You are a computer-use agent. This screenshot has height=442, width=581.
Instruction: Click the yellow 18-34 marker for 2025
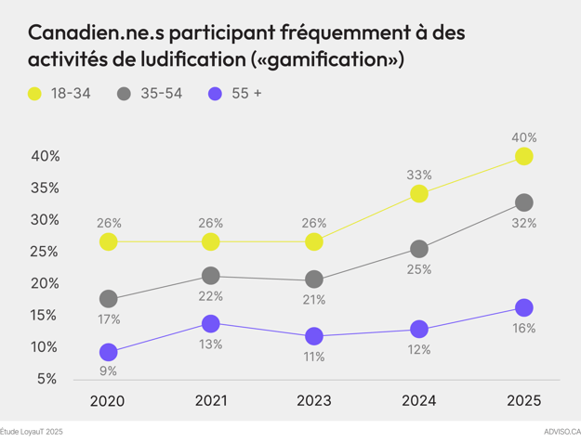pyautogui.click(x=523, y=156)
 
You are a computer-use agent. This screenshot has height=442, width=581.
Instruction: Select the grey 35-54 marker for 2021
pyautogui.click(x=211, y=276)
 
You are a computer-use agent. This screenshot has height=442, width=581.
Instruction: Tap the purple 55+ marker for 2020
pyautogui.click(x=109, y=352)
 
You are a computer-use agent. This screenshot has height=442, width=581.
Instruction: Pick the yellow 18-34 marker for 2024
pyautogui.click(x=419, y=193)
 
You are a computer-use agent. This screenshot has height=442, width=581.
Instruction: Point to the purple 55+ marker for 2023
pyautogui.click(x=314, y=336)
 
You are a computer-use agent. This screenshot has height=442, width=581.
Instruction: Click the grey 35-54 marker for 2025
pyautogui.click(x=523, y=202)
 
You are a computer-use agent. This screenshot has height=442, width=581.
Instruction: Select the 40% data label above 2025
pyautogui.click(x=523, y=137)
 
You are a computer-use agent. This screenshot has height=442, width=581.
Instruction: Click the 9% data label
pyautogui.click(x=109, y=372)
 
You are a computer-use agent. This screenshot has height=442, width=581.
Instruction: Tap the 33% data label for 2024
pyautogui.click(x=419, y=175)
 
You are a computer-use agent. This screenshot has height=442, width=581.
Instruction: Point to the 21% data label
pyautogui.click(x=314, y=300)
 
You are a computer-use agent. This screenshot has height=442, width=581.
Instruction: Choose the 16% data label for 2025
pyautogui.click(x=523, y=328)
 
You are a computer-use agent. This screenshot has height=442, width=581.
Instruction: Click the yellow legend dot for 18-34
pyautogui.click(x=35, y=94)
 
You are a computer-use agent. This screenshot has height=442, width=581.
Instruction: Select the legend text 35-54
pyautogui.click(x=161, y=94)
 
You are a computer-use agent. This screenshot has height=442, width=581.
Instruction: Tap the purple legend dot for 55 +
pyautogui.click(x=215, y=94)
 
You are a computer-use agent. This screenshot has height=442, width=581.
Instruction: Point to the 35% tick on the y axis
pyautogui.click(x=42, y=188)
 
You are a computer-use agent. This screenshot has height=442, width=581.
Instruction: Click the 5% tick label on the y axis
pyautogui.click(x=47, y=379)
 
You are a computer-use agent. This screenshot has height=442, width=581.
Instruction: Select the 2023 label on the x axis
pyautogui.click(x=314, y=401)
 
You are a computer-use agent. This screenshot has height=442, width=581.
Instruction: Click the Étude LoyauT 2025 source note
pyautogui.click(x=32, y=432)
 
